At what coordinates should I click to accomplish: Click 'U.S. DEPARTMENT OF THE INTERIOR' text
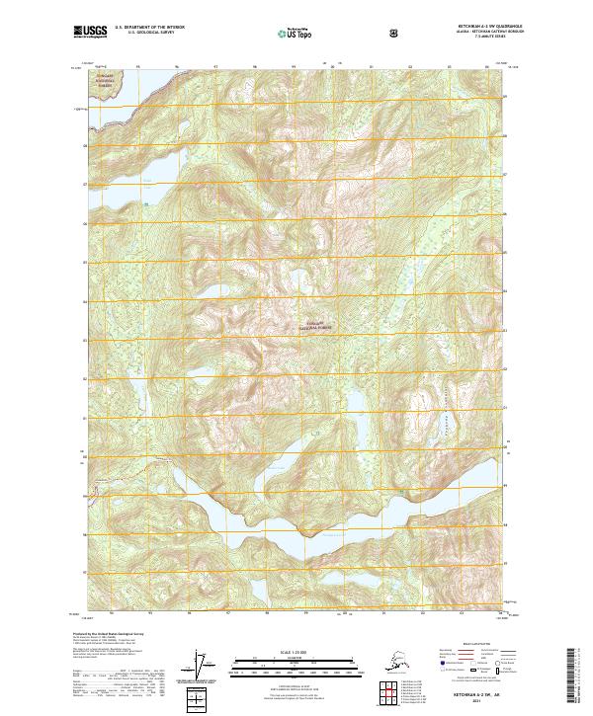pyautogui.click(x=147, y=29)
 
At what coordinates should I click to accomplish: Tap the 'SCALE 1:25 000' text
pyautogui.click(x=295, y=652)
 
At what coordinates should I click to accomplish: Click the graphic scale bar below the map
pyautogui.click(x=295, y=663)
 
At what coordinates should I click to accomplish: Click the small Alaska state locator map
pyautogui.click(x=390, y=661)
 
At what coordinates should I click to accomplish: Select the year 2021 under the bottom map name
pyautogui.click(x=470, y=702)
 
